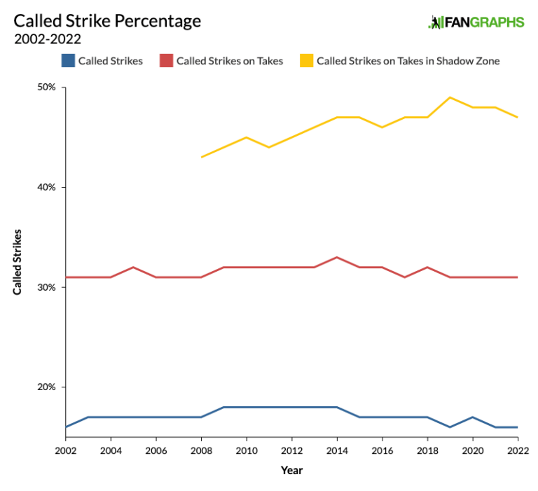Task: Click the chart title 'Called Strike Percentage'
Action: (x=107, y=21)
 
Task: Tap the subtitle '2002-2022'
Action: (x=47, y=39)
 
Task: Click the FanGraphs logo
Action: (x=476, y=22)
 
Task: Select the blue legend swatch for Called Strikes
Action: (x=67, y=61)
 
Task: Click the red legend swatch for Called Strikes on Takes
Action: (x=165, y=61)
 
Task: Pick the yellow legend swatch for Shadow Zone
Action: (x=306, y=61)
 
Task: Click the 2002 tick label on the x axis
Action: (x=66, y=450)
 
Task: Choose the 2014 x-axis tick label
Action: (x=337, y=450)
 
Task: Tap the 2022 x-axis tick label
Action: (x=517, y=450)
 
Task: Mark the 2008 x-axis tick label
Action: (x=201, y=450)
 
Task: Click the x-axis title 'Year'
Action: (x=291, y=471)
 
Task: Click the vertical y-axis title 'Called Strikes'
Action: (x=18, y=261)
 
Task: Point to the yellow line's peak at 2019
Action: (x=450, y=97)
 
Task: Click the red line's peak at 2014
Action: (x=337, y=257)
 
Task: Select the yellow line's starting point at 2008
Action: (x=201, y=157)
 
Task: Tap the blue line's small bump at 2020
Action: (x=472, y=417)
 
